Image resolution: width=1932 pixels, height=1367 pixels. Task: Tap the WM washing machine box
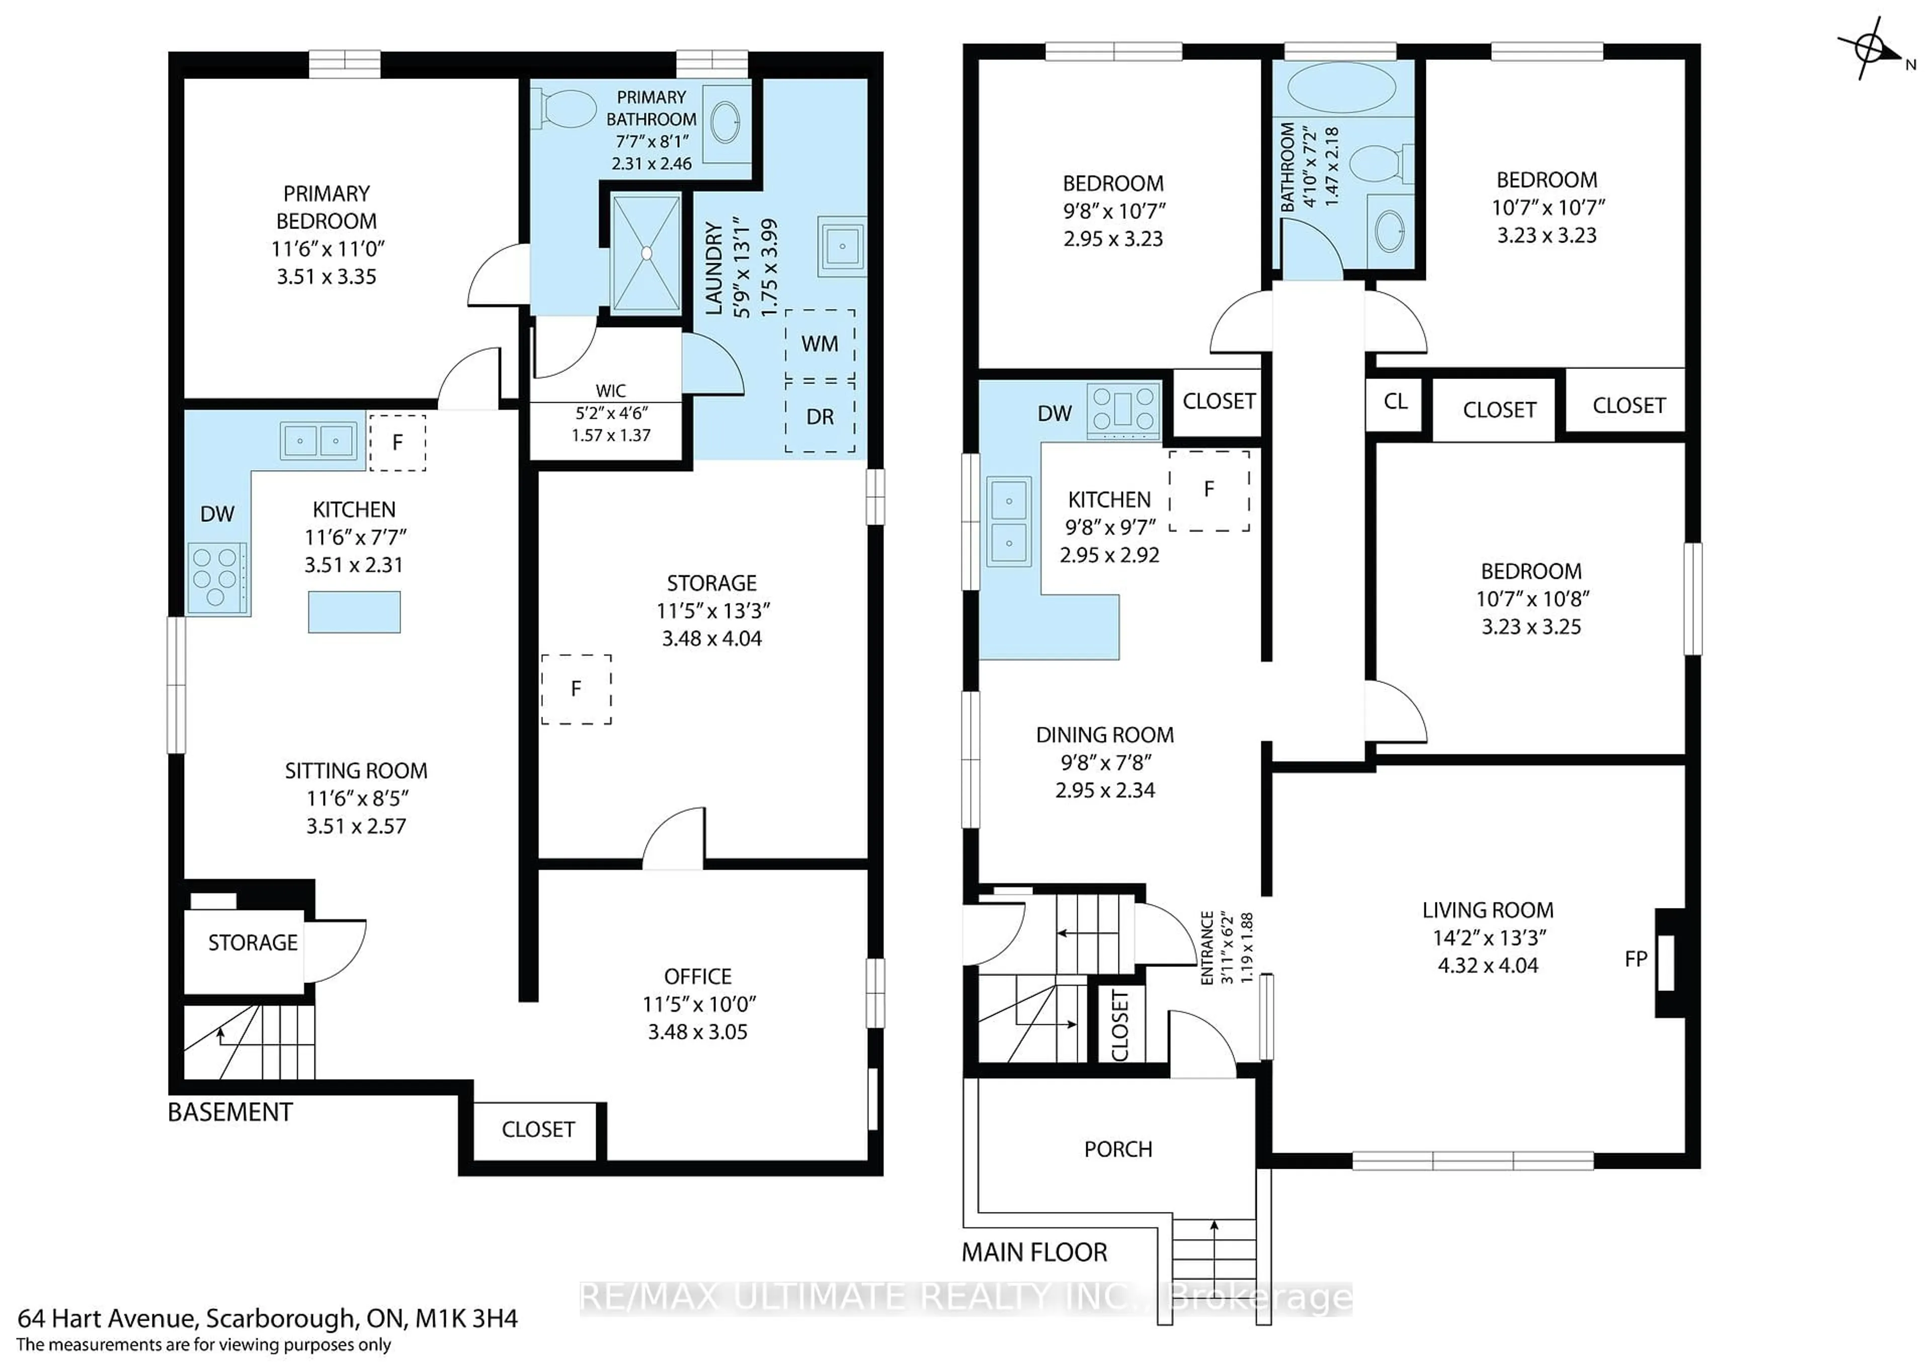click(x=820, y=343)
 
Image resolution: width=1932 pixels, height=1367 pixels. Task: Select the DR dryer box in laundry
click(x=820, y=417)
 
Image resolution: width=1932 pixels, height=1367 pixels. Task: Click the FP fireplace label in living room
click(x=1636, y=959)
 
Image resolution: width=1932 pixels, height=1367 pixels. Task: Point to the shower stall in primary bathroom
click(x=646, y=253)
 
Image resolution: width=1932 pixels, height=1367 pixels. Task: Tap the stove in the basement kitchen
click(x=217, y=578)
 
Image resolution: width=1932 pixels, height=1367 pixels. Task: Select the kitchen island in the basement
click(x=354, y=612)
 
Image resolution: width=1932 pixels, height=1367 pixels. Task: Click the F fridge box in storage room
click(x=577, y=689)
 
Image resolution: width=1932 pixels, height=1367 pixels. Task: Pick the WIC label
click(x=610, y=391)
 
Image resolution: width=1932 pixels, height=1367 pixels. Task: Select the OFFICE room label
click(x=697, y=976)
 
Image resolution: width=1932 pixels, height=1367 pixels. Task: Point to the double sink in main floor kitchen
click(x=1009, y=522)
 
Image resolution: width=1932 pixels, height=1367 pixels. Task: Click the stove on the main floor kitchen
click(x=1123, y=411)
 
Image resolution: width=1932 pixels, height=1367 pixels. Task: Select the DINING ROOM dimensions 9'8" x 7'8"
click(x=1105, y=763)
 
